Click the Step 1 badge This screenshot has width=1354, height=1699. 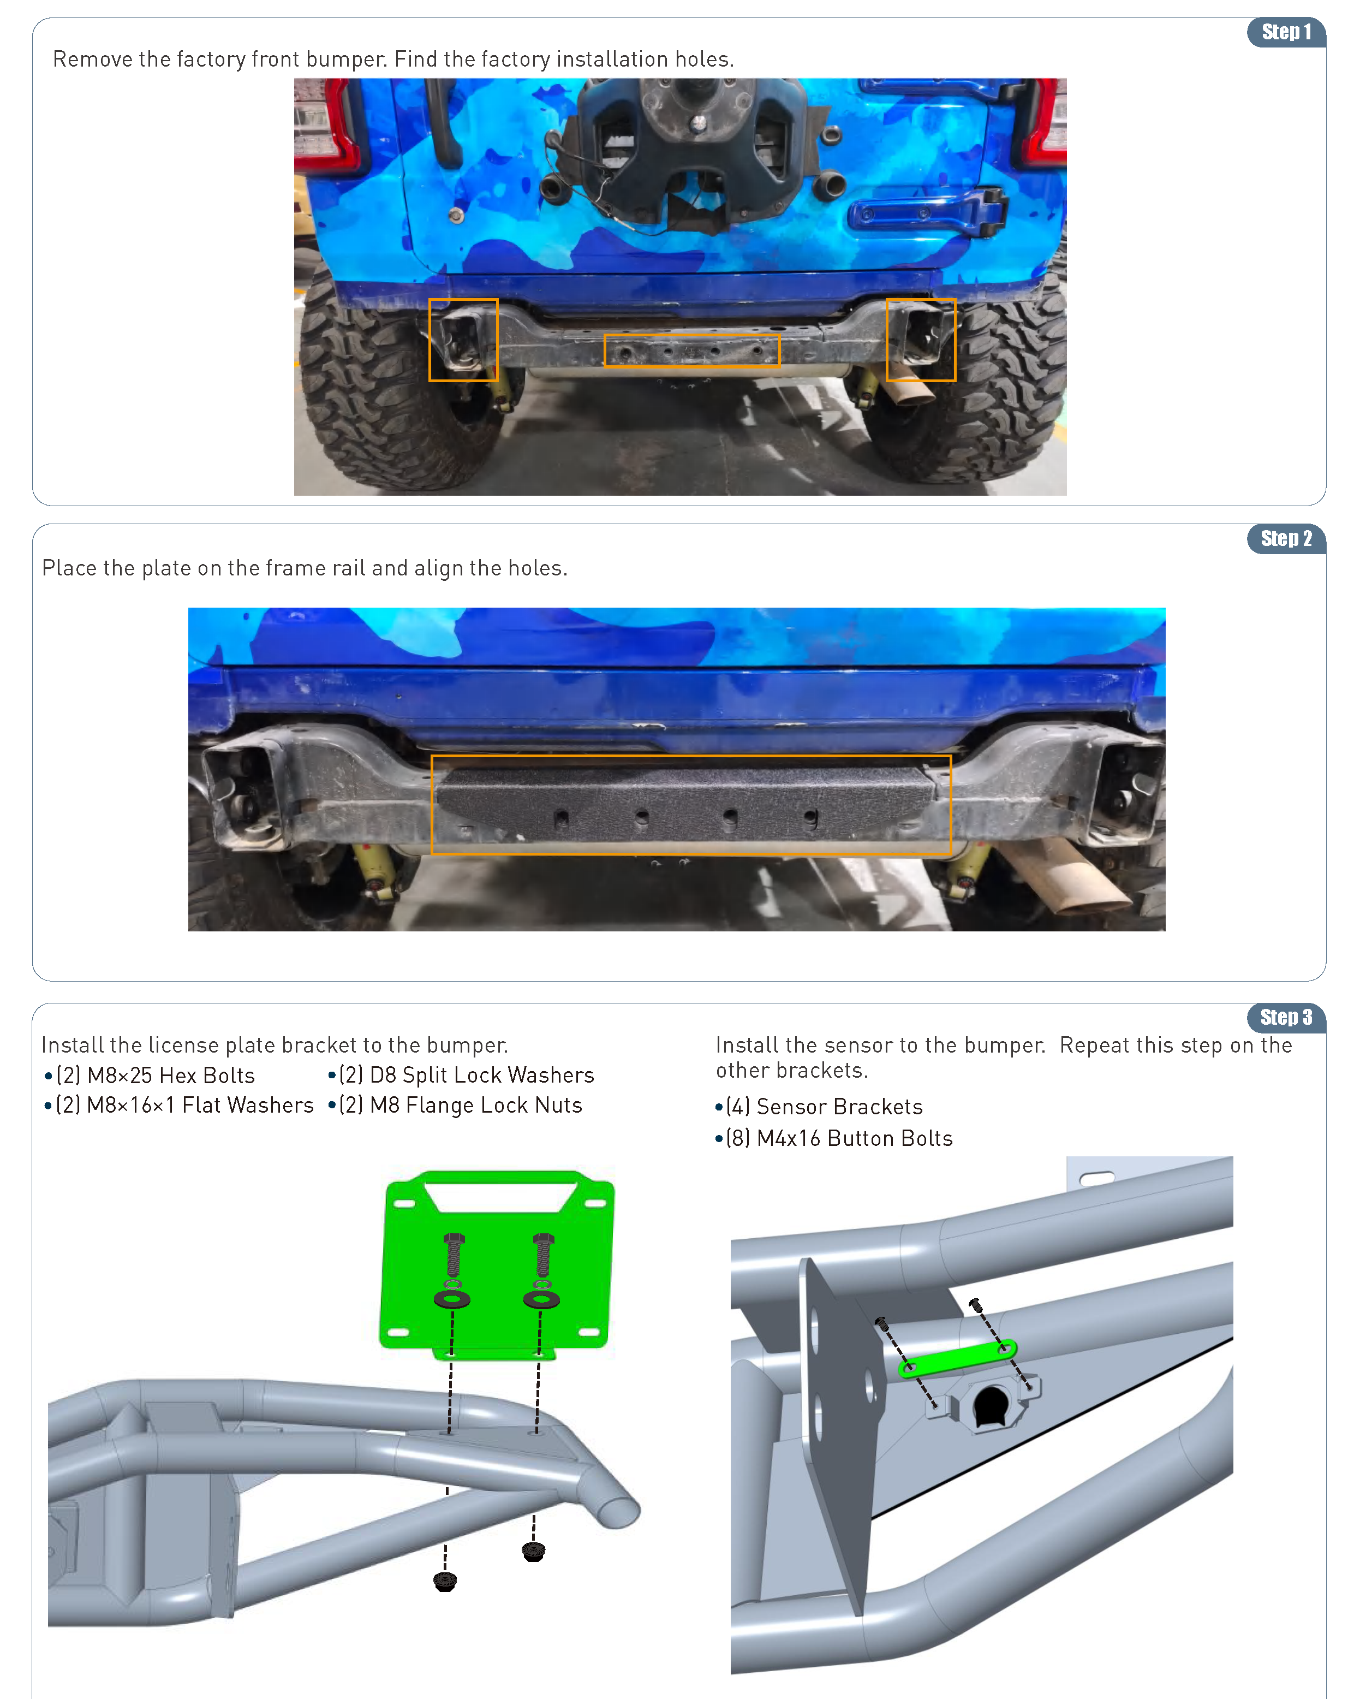pyautogui.click(x=1285, y=32)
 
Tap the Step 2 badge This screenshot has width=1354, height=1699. pyautogui.click(x=1285, y=539)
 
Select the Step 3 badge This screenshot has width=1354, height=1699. pyautogui.click(x=1285, y=1017)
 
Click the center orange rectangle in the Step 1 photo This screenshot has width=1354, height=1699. pyautogui.click(x=691, y=351)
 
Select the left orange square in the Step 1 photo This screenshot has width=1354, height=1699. pyautogui.click(x=463, y=340)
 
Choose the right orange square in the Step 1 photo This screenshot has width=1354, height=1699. pyautogui.click(x=920, y=340)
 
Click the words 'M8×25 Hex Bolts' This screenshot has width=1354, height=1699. pyautogui.click(x=171, y=1076)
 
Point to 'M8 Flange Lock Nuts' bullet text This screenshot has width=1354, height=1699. pyautogui.click(x=476, y=1106)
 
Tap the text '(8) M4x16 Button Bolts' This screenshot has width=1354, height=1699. pyautogui.click(x=839, y=1139)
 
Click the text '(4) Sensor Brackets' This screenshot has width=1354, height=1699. pyautogui.click(x=824, y=1107)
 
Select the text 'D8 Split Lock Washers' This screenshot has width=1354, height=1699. pyautogui.click(x=481, y=1076)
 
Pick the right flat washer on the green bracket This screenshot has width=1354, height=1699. pyautogui.click(x=542, y=1299)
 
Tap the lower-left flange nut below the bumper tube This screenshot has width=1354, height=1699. pyautogui.click(x=445, y=1581)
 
